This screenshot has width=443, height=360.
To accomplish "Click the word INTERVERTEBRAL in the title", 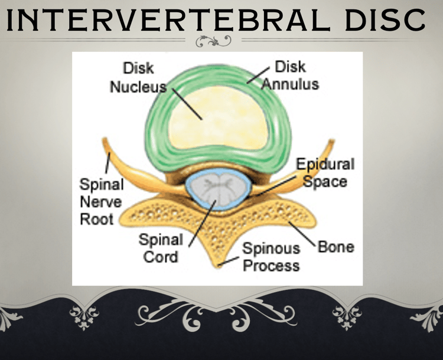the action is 168,20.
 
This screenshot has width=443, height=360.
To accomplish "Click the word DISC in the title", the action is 385,20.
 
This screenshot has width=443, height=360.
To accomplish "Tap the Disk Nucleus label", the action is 138,78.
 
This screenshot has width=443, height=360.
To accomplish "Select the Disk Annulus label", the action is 290,76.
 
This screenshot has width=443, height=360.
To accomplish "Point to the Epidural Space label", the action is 325,172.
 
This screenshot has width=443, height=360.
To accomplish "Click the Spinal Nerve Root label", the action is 101,202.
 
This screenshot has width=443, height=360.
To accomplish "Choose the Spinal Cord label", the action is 161,248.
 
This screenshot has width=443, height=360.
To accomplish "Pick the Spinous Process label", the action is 271,257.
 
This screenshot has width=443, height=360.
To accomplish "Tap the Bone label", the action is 336,247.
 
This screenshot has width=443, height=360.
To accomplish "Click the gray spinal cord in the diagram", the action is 218,189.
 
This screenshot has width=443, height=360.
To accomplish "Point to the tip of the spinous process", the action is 219,266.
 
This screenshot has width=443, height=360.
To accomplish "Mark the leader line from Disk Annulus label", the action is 258,76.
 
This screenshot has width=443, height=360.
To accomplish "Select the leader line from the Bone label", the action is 301,234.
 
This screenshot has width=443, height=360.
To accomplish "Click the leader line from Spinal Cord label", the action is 202,223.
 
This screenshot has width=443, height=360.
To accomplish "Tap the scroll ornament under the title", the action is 213,41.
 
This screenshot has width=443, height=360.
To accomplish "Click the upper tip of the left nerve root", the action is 104,139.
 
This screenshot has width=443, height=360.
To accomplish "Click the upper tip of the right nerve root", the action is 332,140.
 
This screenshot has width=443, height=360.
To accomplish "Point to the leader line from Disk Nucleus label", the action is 187,104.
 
